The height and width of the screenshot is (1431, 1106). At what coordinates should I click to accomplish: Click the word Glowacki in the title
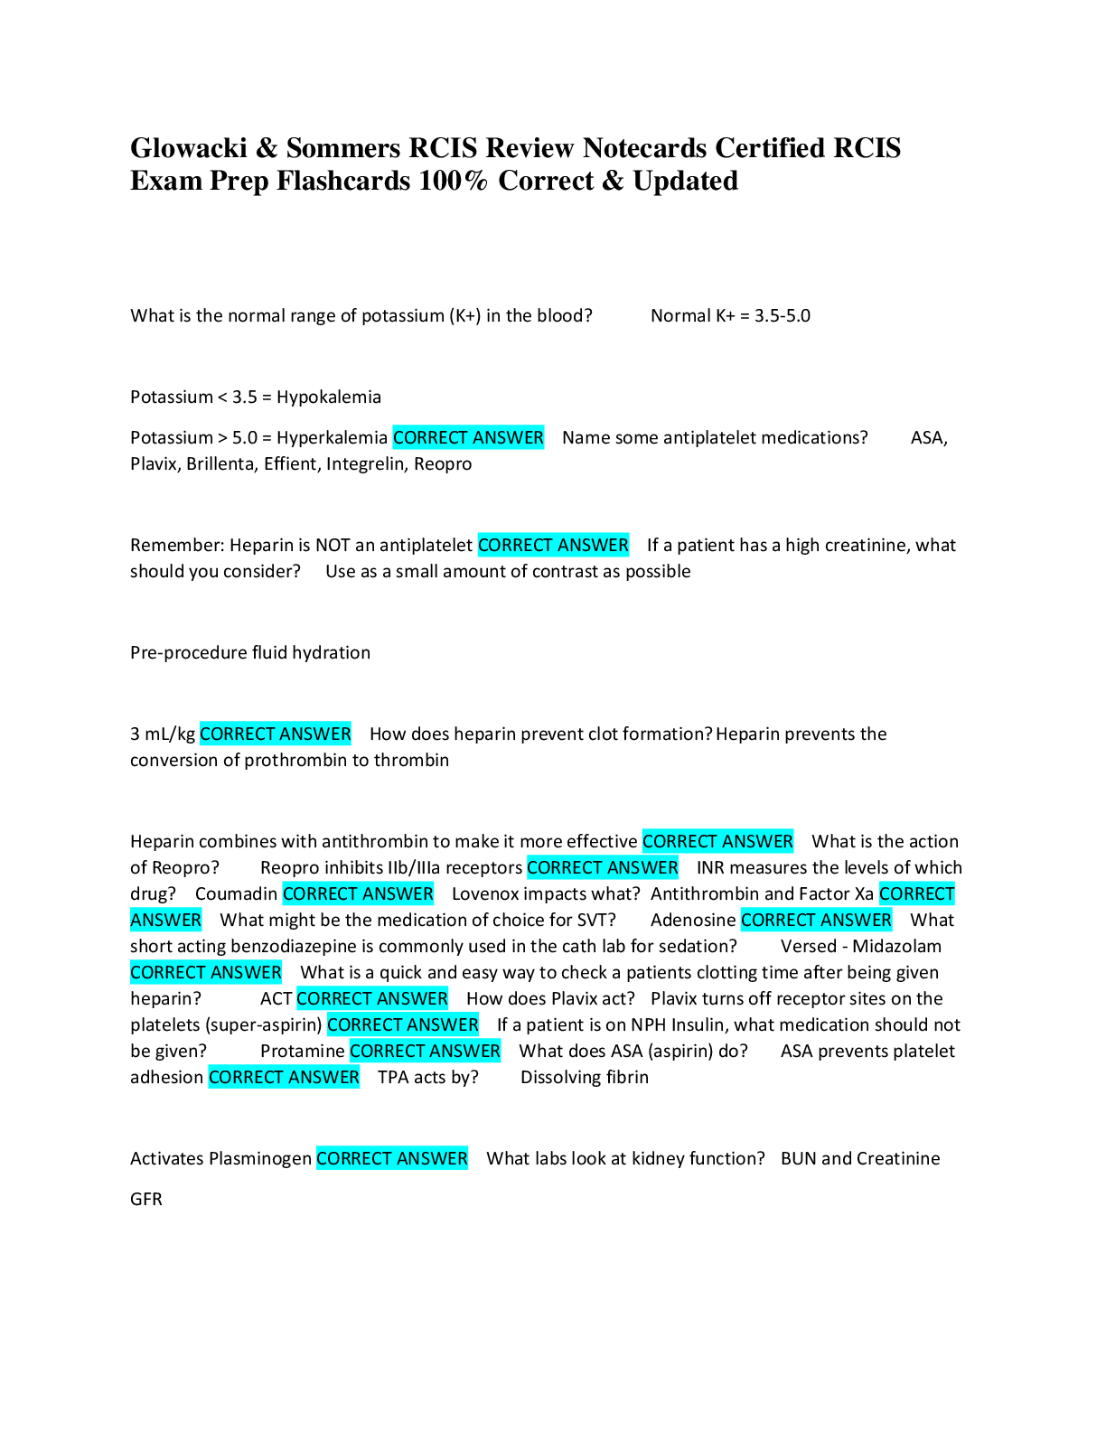(x=188, y=148)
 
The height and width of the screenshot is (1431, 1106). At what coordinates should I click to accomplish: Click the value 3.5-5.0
(x=783, y=316)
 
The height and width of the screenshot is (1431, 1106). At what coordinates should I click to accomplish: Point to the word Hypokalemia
(x=329, y=397)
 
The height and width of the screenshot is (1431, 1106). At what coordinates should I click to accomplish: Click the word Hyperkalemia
(x=332, y=438)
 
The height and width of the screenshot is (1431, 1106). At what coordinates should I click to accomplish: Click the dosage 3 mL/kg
(x=163, y=734)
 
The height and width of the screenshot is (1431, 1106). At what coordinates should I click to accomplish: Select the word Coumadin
(x=236, y=894)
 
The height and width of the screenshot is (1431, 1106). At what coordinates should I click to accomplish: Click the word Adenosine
(x=693, y=921)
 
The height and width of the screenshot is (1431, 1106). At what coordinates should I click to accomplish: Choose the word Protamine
(x=302, y=1052)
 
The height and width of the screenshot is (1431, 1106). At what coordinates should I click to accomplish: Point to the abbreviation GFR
(x=146, y=1200)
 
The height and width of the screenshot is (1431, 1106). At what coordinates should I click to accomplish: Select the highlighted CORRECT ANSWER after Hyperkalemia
(x=468, y=438)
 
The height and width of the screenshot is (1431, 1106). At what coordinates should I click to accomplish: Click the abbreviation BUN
(x=798, y=1159)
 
